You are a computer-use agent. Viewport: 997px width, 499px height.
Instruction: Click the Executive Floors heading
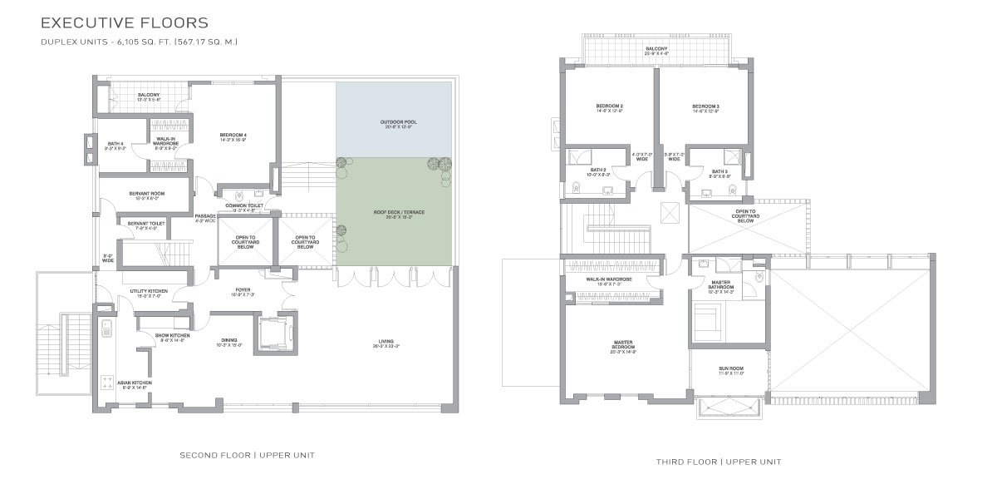125,22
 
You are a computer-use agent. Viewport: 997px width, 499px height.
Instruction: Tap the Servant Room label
147,195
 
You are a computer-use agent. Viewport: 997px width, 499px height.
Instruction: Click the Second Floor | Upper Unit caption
247,455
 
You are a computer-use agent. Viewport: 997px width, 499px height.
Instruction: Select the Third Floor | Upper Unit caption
718,462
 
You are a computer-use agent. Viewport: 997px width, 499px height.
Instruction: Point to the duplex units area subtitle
139,42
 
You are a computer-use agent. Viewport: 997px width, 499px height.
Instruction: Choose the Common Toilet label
244,207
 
